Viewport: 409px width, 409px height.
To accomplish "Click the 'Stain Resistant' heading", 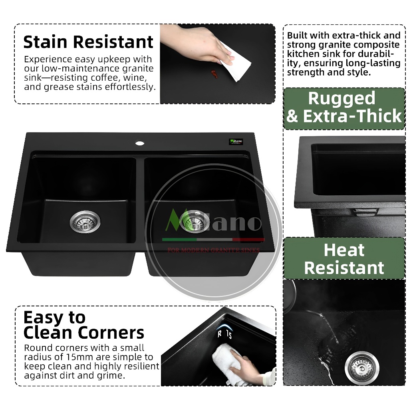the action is tap(88, 42).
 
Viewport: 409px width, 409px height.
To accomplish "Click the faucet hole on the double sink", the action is tap(140, 143).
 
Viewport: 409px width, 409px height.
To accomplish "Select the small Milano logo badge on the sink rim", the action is tap(236, 141).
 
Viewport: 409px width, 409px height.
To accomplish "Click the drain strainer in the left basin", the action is tap(85, 222).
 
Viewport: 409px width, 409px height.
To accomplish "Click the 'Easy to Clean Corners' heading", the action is tap(83, 325).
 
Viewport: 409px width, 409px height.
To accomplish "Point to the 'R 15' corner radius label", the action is tap(225, 334).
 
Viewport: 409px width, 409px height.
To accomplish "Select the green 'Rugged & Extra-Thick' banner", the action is tap(344, 109).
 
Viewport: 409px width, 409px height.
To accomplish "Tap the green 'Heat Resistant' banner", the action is tap(344, 258).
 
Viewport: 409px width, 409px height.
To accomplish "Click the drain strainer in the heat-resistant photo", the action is tap(362, 368).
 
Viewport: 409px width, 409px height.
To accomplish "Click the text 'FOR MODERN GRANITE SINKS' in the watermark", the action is tap(213, 250).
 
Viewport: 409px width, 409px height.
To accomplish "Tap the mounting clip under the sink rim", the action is tap(365, 212).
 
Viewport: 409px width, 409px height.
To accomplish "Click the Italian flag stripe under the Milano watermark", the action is tap(213, 240).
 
